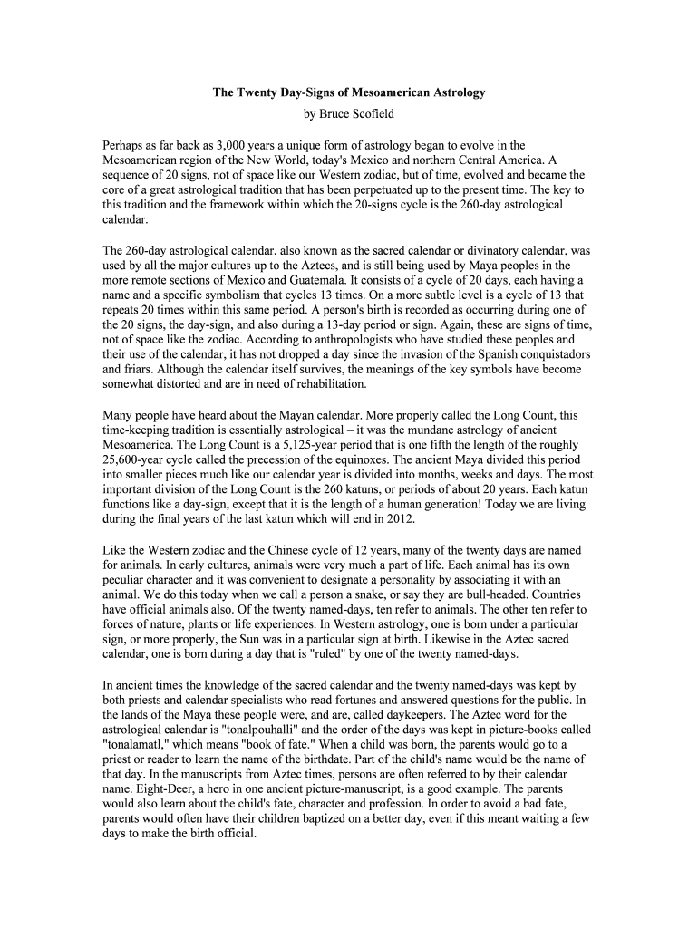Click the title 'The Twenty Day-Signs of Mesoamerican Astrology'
[x=349, y=92]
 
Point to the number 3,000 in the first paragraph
[x=240, y=145]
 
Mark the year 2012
[x=399, y=517]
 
